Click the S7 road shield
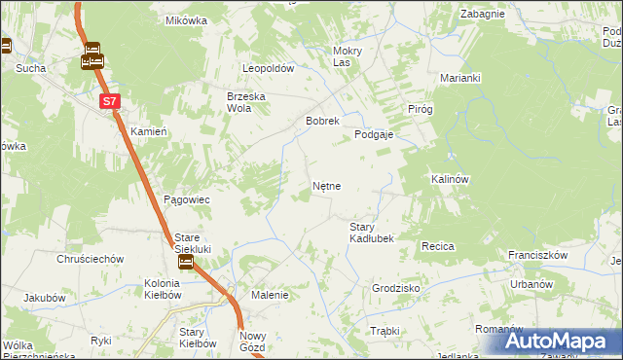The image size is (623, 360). (x=111, y=100)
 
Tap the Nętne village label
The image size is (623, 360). (x=325, y=185)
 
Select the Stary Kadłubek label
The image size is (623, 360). (x=371, y=233)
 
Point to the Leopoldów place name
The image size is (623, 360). (x=268, y=69)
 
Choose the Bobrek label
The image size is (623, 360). (x=321, y=122)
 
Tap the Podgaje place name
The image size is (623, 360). (x=373, y=135)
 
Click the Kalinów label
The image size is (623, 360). (x=450, y=180)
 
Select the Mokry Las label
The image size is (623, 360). (x=347, y=56)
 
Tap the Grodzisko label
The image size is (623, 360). (x=395, y=289)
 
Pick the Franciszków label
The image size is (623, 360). (x=537, y=255)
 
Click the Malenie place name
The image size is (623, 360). (x=270, y=295)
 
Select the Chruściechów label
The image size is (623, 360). (x=89, y=259)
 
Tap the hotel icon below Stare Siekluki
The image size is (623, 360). (x=185, y=262)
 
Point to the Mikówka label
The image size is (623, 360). (x=187, y=20)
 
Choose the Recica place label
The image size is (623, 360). (x=437, y=247)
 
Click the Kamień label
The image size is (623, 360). (x=149, y=130)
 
